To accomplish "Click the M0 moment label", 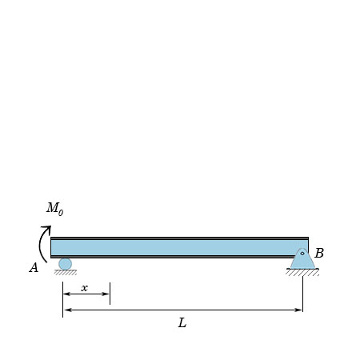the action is [55, 209].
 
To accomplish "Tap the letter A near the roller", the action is [34, 267].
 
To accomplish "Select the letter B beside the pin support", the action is [319, 253].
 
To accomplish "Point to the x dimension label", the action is [85, 288].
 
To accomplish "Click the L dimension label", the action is [182, 322].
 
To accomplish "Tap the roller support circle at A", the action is [65, 264].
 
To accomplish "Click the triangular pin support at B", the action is [302, 259].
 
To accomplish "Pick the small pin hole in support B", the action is [302, 254].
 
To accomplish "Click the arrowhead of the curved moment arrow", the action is [47, 229].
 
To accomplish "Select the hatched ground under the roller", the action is [66, 272].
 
